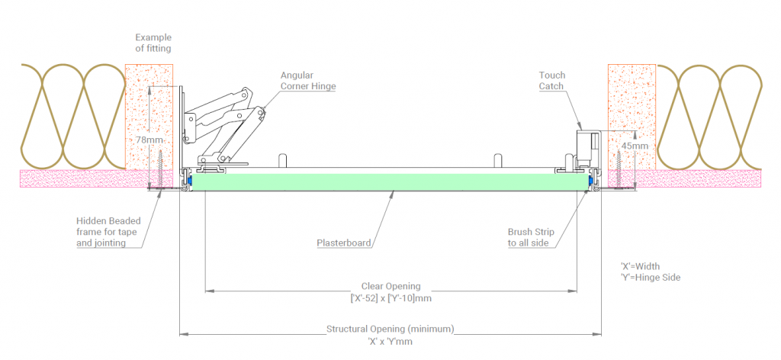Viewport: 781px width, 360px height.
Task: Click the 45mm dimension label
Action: tap(635, 146)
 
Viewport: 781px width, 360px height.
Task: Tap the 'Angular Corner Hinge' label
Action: tap(308, 81)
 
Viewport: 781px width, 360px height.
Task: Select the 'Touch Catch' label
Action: tap(551, 81)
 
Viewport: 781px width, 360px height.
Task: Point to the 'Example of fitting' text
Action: tap(153, 43)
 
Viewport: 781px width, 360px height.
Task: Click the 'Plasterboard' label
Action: tap(344, 243)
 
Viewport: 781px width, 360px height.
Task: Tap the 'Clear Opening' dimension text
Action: tap(390, 287)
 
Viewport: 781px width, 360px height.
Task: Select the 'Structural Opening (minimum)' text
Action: tap(390, 329)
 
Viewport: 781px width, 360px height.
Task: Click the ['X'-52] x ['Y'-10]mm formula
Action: tap(390, 298)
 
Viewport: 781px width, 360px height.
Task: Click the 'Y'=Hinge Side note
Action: tap(651, 278)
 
